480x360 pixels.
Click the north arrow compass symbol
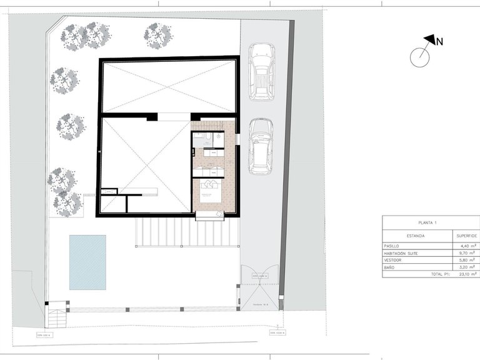[x=421, y=56]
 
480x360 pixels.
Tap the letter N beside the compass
[x=439, y=42]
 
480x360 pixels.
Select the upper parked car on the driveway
[x=261, y=71]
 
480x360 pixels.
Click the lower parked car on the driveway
[x=260, y=146]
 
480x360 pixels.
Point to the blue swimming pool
[x=87, y=262]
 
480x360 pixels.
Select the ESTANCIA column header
[x=416, y=236]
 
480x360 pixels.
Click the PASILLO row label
[x=394, y=246]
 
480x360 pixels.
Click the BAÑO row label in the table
[x=391, y=267]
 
